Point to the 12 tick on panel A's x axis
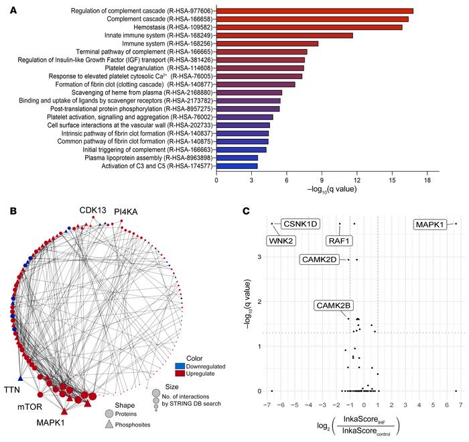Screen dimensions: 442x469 pyautogui.click(x=357, y=180)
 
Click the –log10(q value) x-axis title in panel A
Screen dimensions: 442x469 pyautogui.click(x=327, y=190)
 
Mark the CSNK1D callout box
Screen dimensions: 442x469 pyautogui.click(x=299, y=225)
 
